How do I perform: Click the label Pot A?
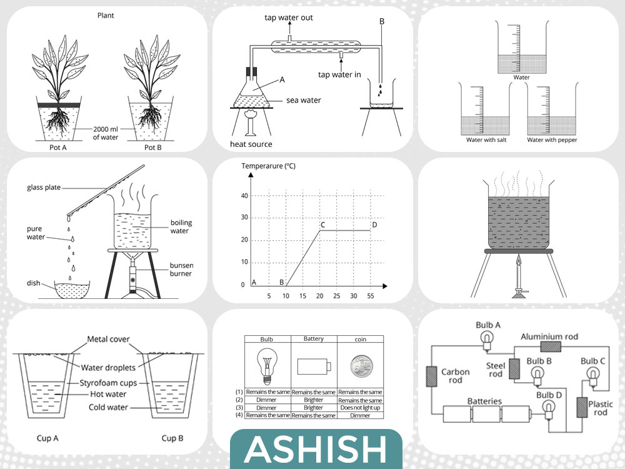[x=57, y=148]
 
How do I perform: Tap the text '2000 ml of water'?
[x=106, y=133]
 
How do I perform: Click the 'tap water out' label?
[x=289, y=18]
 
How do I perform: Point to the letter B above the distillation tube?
[x=382, y=21]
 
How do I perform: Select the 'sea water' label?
[x=303, y=100]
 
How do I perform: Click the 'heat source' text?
[x=251, y=144]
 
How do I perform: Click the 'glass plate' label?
[x=44, y=188]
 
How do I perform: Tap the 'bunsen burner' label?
[x=181, y=269]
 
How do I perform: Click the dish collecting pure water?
[x=72, y=290]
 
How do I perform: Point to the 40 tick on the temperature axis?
[x=244, y=196]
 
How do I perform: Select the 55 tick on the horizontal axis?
[x=370, y=296]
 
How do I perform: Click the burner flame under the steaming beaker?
[x=518, y=261]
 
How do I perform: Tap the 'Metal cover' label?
[x=108, y=340]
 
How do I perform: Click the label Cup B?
[x=172, y=438]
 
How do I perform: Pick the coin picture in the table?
[x=361, y=367]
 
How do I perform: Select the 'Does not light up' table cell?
[x=361, y=408]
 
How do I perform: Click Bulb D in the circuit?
[x=549, y=409]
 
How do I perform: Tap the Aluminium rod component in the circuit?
[x=551, y=346]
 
